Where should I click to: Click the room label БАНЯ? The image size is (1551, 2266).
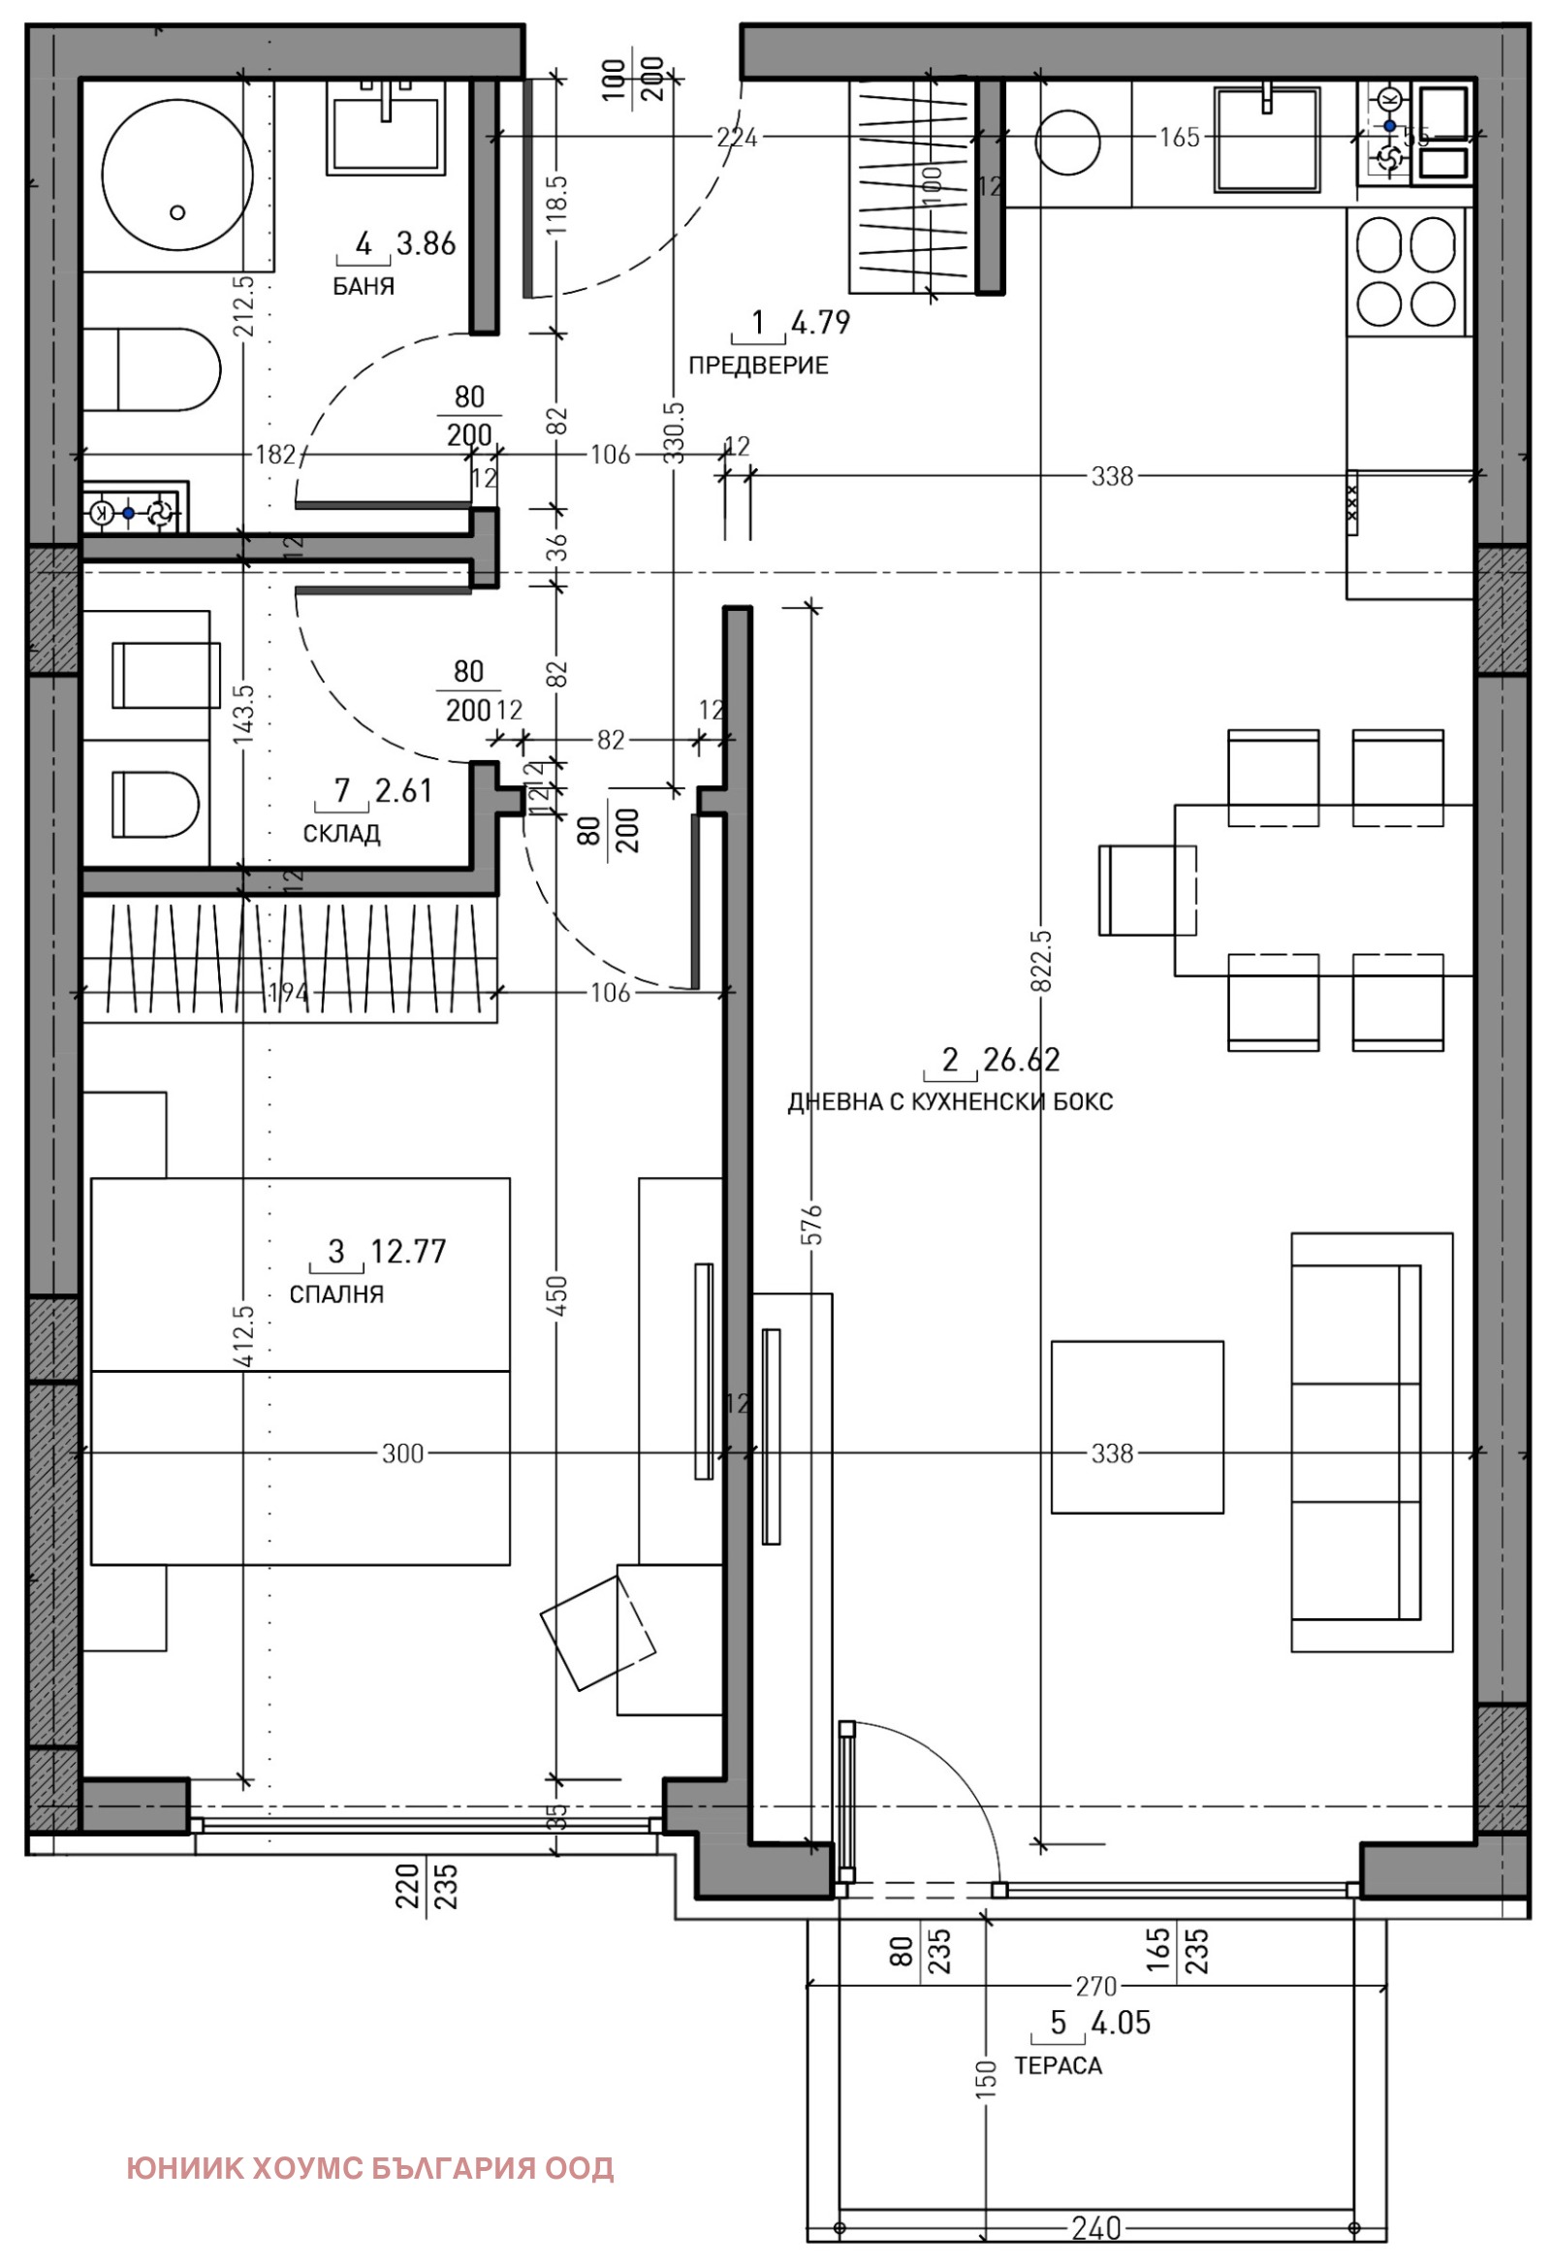coord(363,287)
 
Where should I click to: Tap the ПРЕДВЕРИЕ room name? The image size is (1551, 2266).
coord(757,366)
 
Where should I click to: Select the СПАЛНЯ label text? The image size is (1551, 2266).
coord(336,1294)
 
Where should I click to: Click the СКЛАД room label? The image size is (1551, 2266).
coord(341,834)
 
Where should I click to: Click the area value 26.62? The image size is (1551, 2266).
coord(1021,1059)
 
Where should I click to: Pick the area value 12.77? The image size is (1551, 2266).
coord(408,1251)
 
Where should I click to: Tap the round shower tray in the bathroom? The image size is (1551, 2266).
coord(177,177)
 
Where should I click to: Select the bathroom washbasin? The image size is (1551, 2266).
coord(386,128)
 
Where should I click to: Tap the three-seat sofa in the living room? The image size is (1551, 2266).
coord(1355,1442)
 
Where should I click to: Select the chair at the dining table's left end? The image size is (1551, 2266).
coord(1147,890)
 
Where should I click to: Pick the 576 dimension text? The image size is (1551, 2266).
coord(814,1225)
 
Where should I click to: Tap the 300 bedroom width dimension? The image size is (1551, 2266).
coord(402,1453)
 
